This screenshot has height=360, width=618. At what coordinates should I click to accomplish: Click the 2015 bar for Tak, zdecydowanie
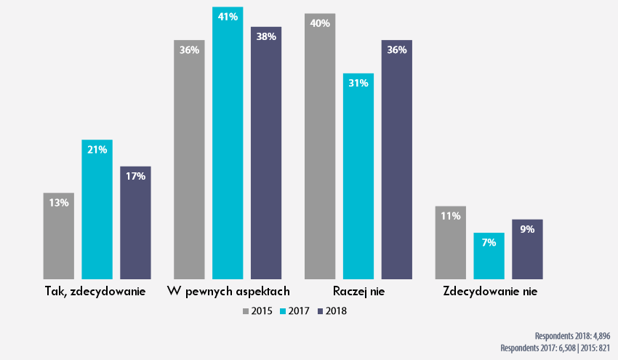tap(59, 236)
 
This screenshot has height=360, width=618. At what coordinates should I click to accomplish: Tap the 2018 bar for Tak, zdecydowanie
tap(135, 223)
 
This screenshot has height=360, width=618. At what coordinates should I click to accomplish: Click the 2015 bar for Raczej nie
tap(320, 146)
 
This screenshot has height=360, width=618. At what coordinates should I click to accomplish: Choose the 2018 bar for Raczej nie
tap(396, 159)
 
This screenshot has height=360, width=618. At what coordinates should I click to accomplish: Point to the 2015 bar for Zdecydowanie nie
tap(450, 243)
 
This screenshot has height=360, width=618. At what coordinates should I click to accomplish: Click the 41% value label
tap(228, 17)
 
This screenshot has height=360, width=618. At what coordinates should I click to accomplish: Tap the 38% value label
tap(266, 36)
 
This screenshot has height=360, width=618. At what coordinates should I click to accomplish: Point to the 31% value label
tap(358, 83)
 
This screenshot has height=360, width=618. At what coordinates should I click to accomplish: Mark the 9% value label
tap(527, 229)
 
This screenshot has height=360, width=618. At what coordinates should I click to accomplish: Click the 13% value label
tap(59, 203)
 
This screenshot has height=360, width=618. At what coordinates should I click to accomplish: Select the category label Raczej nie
tap(358, 292)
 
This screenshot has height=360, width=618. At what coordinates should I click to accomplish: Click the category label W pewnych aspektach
tap(228, 292)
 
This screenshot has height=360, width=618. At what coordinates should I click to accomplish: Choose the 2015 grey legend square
tap(246, 311)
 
